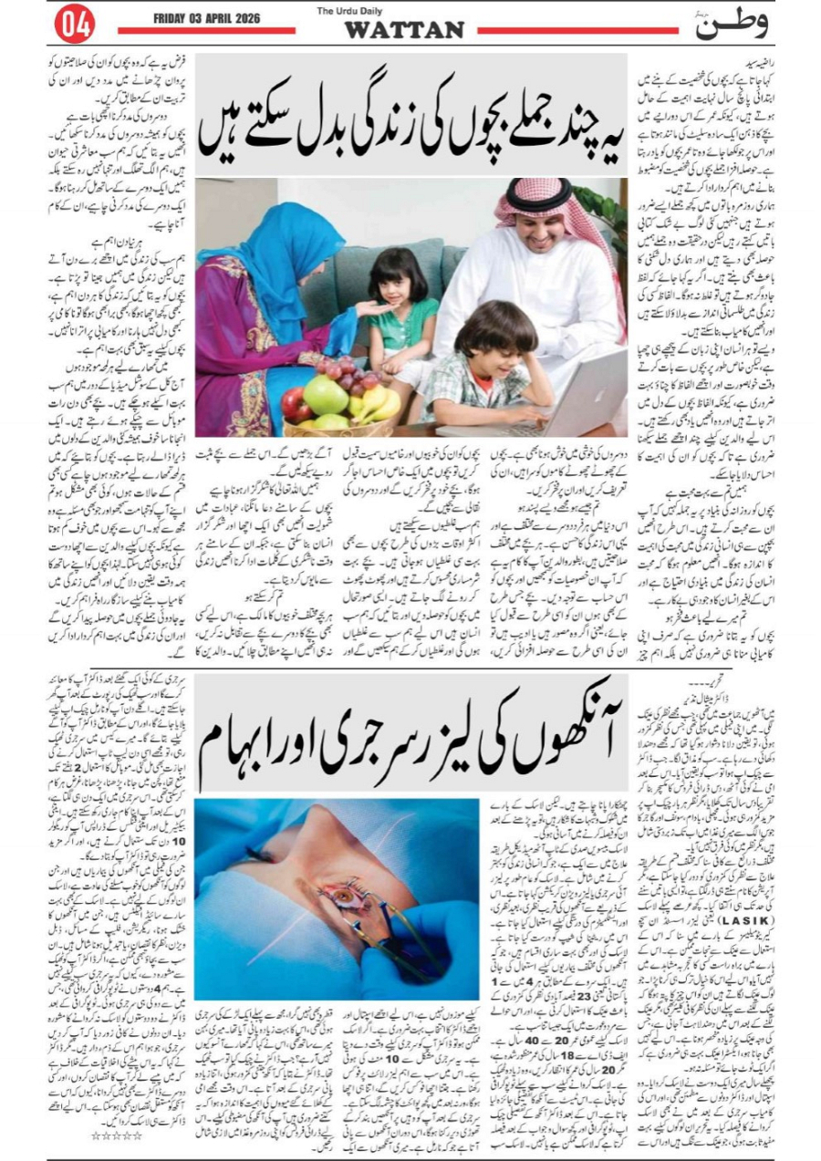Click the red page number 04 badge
click(x=74, y=25)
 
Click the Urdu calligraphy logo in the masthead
click(x=731, y=25)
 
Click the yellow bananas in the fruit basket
click(x=377, y=400)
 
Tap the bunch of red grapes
click(x=347, y=369)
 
